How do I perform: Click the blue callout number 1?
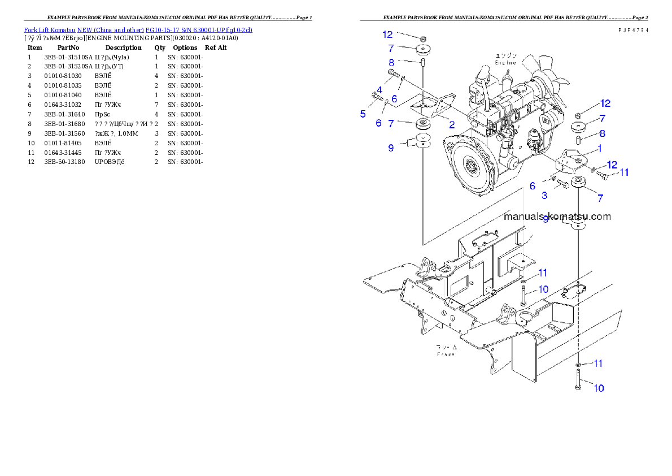(599, 149)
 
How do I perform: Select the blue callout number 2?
(452, 125)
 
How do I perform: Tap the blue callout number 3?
(544, 196)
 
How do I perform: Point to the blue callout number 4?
(379, 90)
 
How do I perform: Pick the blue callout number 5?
(363, 114)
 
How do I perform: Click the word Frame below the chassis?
(446, 354)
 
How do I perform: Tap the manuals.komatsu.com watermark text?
(557, 217)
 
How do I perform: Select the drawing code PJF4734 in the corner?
(632, 30)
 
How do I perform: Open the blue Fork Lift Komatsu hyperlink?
(138, 29)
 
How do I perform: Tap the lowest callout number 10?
(598, 388)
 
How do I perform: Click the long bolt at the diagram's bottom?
(579, 379)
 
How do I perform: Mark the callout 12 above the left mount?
(387, 34)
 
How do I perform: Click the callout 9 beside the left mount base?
(391, 148)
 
